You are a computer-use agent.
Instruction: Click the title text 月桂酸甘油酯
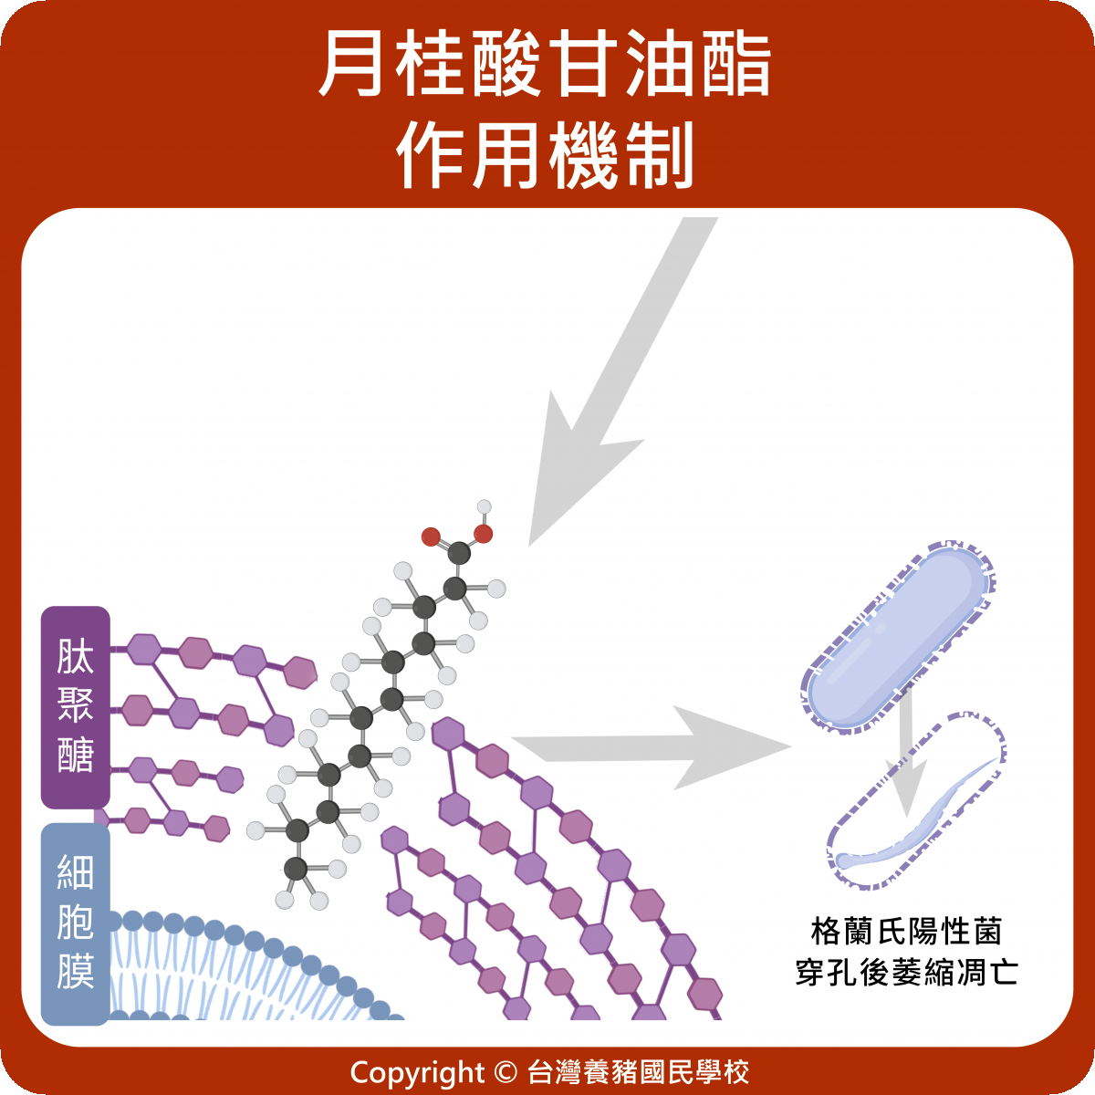click(x=545, y=66)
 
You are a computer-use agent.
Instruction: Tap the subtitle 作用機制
click(x=545, y=155)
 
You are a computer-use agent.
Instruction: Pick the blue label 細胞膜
click(x=76, y=922)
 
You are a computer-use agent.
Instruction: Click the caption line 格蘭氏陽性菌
click(x=906, y=932)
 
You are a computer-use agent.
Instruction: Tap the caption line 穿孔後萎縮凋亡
click(x=906, y=972)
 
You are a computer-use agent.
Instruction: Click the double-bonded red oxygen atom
click(x=431, y=537)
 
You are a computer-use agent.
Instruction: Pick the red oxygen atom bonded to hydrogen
click(x=483, y=534)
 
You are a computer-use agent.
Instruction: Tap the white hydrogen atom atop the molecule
click(x=485, y=506)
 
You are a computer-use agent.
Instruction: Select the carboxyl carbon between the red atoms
click(x=459, y=553)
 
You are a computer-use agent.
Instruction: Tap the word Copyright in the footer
click(x=417, y=1072)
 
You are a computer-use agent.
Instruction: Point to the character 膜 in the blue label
click(x=76, y=972)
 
